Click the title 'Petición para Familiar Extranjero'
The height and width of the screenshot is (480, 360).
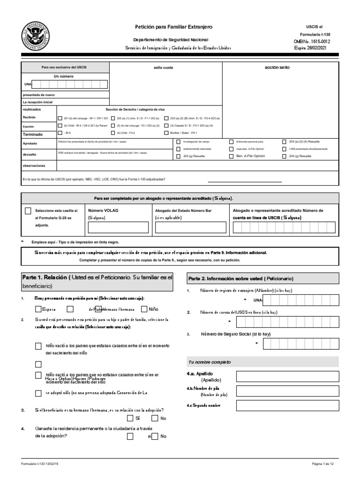173,28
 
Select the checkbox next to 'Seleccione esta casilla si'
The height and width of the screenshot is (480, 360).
29,211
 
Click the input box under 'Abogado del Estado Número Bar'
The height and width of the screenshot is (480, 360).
190,227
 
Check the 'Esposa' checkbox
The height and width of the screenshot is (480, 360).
38,309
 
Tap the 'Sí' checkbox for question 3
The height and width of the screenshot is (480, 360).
130,418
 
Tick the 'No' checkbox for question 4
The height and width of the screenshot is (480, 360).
155,436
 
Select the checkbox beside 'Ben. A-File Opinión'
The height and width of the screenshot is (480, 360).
231,156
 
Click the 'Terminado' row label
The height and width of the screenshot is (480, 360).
33,134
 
